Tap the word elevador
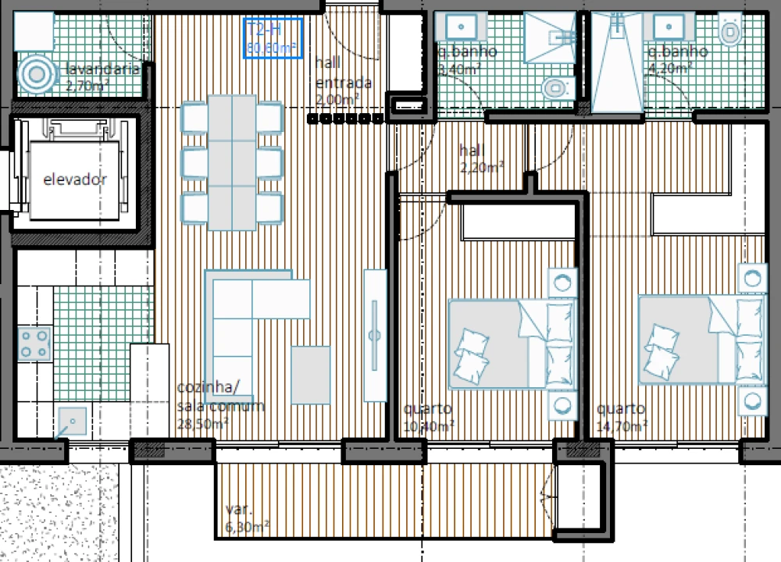coord(75,180)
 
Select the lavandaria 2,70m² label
coord(102,76)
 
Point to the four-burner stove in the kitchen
coord(34,343)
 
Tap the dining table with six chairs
coord(232,162)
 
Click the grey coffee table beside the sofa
coord(311,375)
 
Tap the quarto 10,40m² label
coord(428,418)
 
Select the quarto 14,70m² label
coord(621,418)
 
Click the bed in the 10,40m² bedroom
coord(508,343)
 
